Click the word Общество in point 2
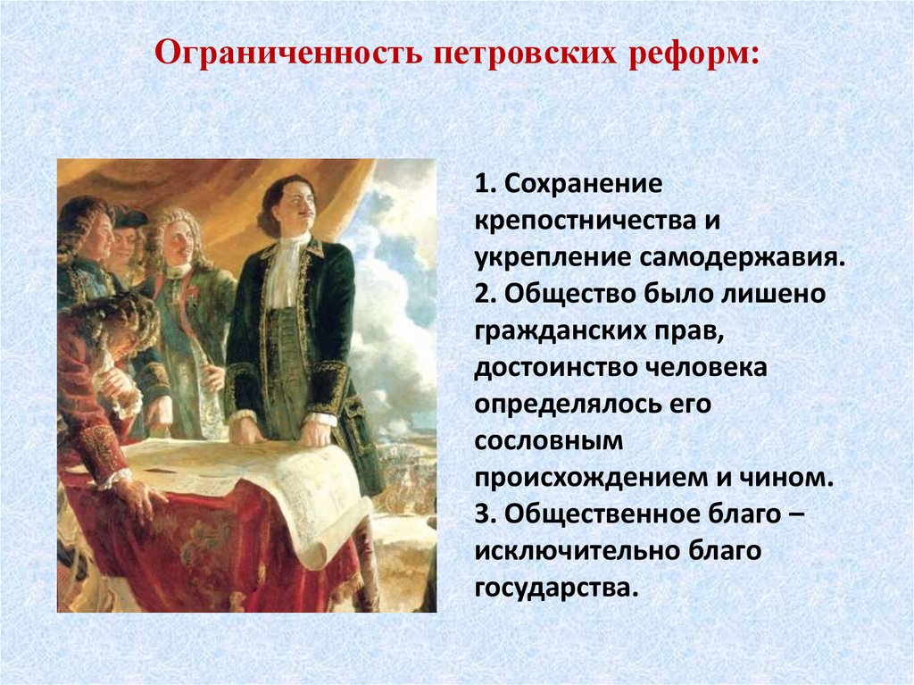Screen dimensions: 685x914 tap(566, 295)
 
